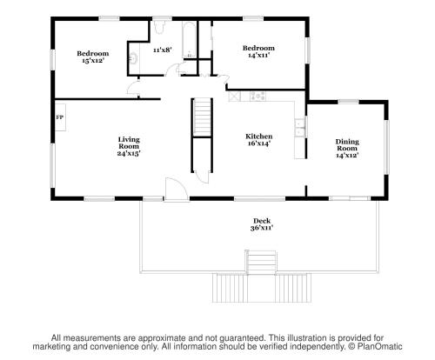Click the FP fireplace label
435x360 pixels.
pyautogui.click(x=60, y=117)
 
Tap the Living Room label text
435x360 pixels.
pyautogui.click(x=129, y=143)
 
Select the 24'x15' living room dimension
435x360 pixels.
pyautogui.click(x=129, y=153)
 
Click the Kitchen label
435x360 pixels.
pyautogui.click(x=259, y=137)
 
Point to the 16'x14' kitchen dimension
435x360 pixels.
pyautogui.click(x=259, y=143)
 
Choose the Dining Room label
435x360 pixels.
pyautogui.click(x=347, y=145)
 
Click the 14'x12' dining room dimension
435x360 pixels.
pyautogui.click(x=347, y=156)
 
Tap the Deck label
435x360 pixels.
pyautogui.click(x=262, y=221)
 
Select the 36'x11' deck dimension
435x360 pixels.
pyautogui.click(x=262, y=228)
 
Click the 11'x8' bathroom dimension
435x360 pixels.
pyautogui.click(x=163, y=50)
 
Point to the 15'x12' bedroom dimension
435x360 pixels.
pyautogui.click(x=93, y=60)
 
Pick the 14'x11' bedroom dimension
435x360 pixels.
pyautogui.click(x=259, y=55)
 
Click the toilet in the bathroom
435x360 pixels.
pyautogui.click(x=158, y=27)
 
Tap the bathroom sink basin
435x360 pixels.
pyautogui.click(x=133, y=58)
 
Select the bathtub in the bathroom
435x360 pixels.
pyautogui.click(x=189, y=40)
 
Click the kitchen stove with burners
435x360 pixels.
pyautogui.click(x=258, y=96)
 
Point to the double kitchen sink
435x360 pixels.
pyautogui.click(x=299, y=128)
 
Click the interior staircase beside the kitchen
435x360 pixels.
pyautogui.click(x=202, y=117)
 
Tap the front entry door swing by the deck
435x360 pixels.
pyautogui.click(x=176, y=189)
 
